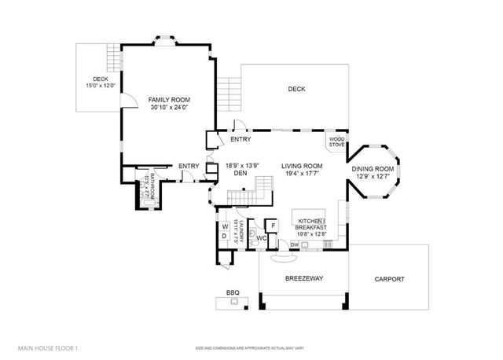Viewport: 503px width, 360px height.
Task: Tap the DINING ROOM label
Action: click(373, 170)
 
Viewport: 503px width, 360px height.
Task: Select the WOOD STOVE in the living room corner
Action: click(336, 142)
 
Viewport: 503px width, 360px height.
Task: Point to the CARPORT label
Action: click(389, 279)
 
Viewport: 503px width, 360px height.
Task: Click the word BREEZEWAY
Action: click(303, 279)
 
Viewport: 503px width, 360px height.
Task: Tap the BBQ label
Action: click(233, 293)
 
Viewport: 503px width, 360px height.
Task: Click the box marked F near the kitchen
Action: click(273, 225)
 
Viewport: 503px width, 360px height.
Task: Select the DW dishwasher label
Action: click(294, 245)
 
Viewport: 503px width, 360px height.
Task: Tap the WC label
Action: click(262, 237)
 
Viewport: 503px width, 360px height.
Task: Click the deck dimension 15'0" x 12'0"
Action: click(100, 86)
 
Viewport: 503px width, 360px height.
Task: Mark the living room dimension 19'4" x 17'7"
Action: click(303, 174)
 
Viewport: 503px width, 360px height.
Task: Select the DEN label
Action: click(240, 174)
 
